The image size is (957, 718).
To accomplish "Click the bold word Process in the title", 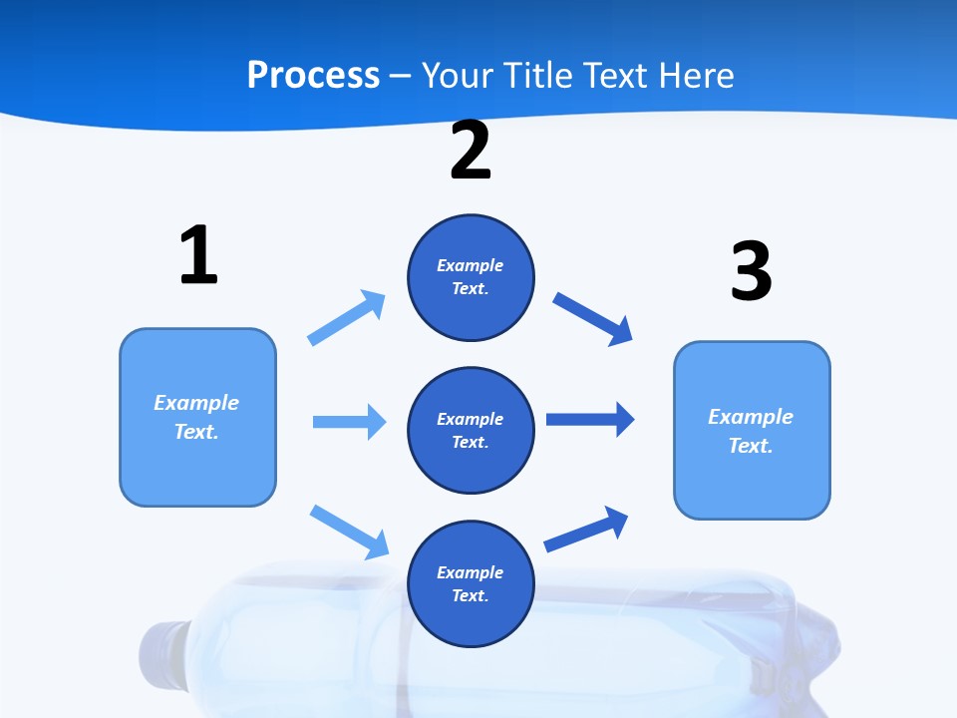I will click(x=313, y=76).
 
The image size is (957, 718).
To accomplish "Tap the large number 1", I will click(x=198, y=254).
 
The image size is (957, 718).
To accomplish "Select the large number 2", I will click(x=471, y=151).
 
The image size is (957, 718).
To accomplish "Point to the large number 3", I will click(x=751, y=270).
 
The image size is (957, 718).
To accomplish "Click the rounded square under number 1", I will click(x=197, y=417).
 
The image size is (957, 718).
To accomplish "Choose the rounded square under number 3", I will click(x=752, y=430).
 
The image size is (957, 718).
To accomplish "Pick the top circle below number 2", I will click(x=471, y=277).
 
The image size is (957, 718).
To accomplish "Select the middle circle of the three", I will click(x=471, y=431).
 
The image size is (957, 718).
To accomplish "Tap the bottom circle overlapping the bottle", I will click(x=471, y=584).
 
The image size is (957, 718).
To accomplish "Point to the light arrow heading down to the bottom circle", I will click(x=350, y=532).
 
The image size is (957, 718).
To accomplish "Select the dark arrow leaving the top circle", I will click(x=593, y=319).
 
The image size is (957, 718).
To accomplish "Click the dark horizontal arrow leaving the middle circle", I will click(x=590, y=419).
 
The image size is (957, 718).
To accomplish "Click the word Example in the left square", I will click(x=196, y=403).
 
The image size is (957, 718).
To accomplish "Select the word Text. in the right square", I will click(x=751, y=446).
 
